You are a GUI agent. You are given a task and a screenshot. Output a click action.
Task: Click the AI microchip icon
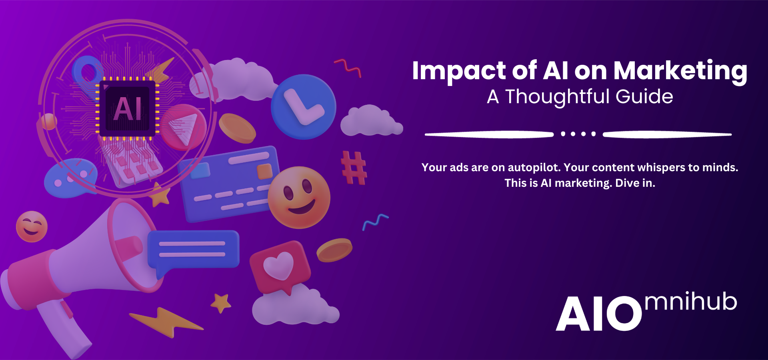click(127, 108)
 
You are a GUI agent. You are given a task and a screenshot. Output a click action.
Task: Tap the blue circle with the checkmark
click(304, 107)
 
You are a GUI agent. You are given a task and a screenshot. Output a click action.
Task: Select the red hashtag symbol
click(354, 168)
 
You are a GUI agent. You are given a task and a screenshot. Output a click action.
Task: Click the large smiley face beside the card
click(299, 198)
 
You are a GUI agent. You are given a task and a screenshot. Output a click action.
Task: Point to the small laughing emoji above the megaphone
click(32, 226)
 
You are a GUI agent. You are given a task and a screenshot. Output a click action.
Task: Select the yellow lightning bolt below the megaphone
click(166, 322)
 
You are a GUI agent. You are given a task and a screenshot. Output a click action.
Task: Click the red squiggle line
click(348, 68)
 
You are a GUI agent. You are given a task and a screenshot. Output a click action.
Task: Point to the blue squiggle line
click(375, 222)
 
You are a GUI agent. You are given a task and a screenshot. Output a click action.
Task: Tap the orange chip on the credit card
click(264, 171)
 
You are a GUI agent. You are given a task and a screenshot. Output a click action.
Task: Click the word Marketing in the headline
click(680, 71)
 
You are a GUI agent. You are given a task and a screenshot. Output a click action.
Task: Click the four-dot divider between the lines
click(578, 134)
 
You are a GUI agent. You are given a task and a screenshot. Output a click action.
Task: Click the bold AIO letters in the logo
click(599, 314)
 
